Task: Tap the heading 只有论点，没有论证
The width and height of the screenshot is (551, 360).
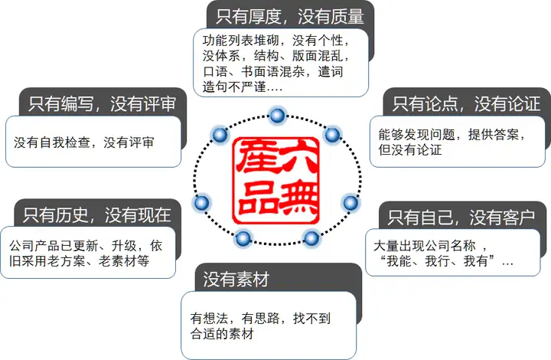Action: click(465, 103)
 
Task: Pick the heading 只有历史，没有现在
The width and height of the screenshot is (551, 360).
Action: click(96, 214)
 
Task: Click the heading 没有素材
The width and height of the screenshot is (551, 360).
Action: click(236, 279)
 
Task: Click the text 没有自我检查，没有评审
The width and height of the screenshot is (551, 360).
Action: click(84, 142)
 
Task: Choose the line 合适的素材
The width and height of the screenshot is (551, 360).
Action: click(221, 335)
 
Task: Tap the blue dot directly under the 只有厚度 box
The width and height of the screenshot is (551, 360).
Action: click(277, 116)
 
